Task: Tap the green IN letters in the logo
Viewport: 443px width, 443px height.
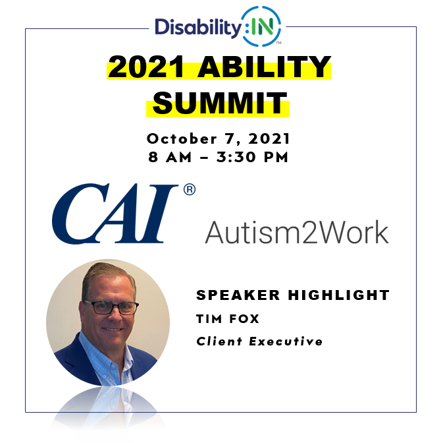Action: (x=263, y=27)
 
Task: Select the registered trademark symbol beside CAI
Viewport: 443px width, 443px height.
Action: (x=189, y=190)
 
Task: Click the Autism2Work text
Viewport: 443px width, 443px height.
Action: (x=297, y=232)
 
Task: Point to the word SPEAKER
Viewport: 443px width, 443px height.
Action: (x=238, y=295)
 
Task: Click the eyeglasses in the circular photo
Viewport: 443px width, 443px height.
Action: (x=111, y=307)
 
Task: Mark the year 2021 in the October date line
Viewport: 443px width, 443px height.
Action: (x=269, y=139)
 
